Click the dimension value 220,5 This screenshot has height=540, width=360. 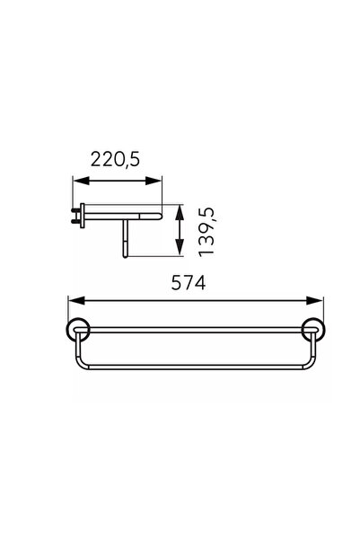pyautogui.click(x=115, y=159)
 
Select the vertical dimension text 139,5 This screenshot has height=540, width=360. pyautogui.click(x=206, y=232)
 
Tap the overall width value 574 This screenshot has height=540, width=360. pyautogui.click(x=189, y=283)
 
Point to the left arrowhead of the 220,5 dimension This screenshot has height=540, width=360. pyautogui.click(x=81, y=181)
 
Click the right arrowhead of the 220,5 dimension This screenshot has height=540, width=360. pyautogui.click(x=154, y=181)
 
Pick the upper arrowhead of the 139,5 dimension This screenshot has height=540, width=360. pyautogui.click(x=180, y=212)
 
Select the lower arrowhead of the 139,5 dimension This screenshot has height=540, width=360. pyautogui.click(x=180, y=248)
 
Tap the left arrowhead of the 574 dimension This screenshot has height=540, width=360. pyautogui.click(x=76, y=301)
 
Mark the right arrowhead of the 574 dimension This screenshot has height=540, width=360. pyautogui.click(x=315, y=301)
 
